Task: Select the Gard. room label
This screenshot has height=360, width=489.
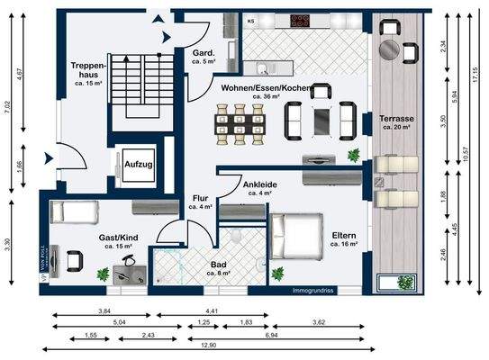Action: (202, 58)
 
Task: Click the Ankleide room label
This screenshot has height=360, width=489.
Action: (259, 189)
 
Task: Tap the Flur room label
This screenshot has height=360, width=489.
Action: (200, 203)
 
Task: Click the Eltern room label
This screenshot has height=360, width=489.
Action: (344, 238)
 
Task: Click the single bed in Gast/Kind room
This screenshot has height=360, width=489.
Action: (73, 213)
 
